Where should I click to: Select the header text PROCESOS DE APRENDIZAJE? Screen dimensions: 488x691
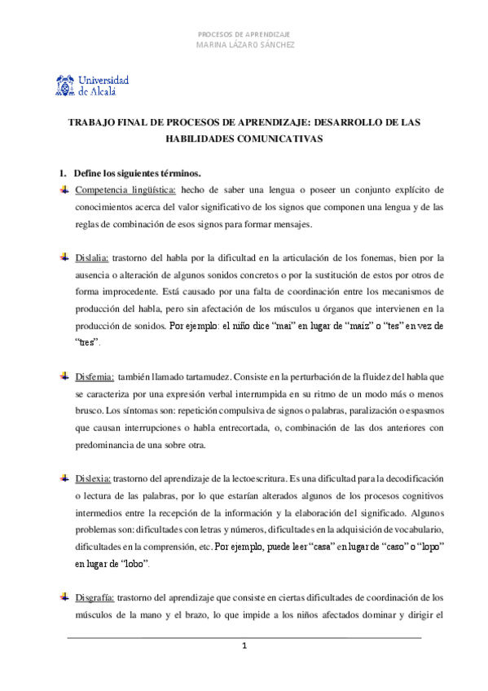click(x=244, y=34)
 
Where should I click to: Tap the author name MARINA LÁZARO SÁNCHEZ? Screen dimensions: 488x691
click(x=244, y=45)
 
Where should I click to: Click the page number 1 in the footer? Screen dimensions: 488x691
click(x=244, y=647)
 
